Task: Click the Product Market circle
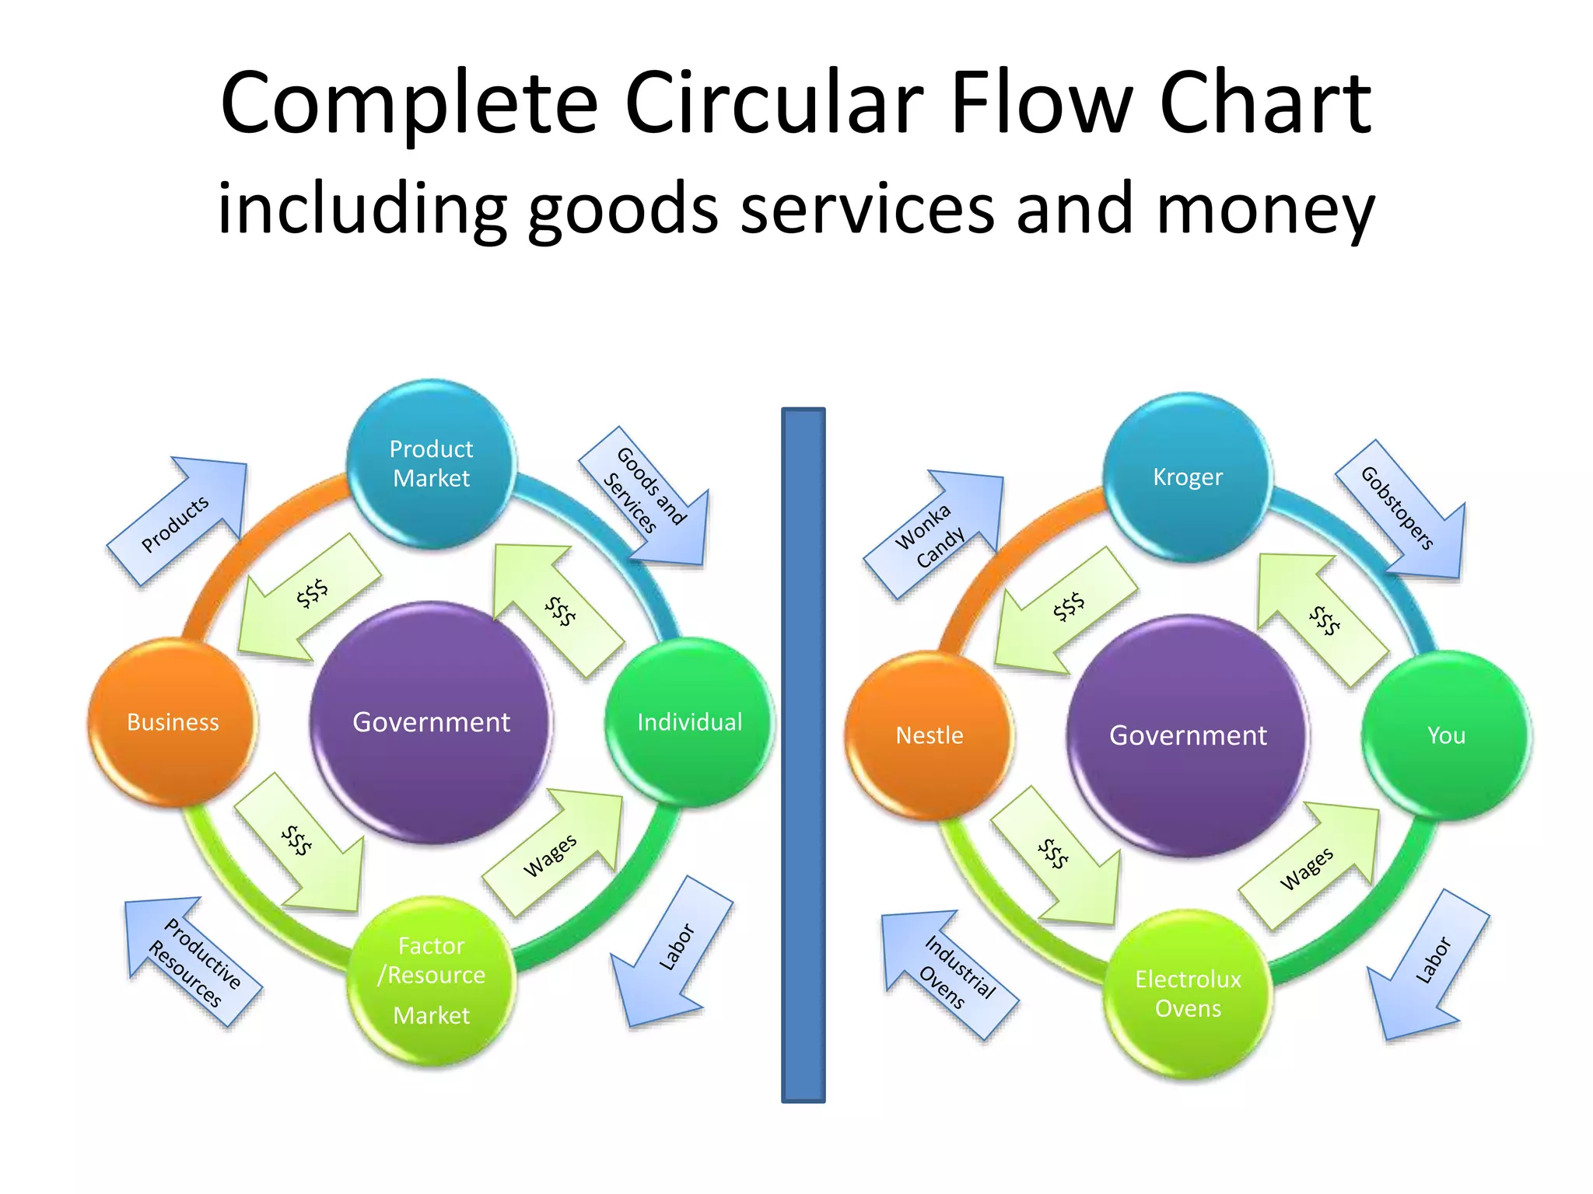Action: pyautogui.click(x=431, y=464)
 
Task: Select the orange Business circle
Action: pyautogui.click(x=173, y=722)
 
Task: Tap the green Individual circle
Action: pyautogui.click(x=689, y=722)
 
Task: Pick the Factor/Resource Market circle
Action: pyautogui.click(x=432, y=980)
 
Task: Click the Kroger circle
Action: pyautogui.click(x=1188, y=477)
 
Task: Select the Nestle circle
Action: pyautogui.click(x=930, y=735)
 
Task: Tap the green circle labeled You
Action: pyautogui.click(x=1446, y=735)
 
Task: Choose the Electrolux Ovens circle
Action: pyautogui.click(x=1188, y=993)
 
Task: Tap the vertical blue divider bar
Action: pyautogui.click(x=803, y=754)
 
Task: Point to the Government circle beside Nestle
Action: pyautogui.click(x=1188, y=735)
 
